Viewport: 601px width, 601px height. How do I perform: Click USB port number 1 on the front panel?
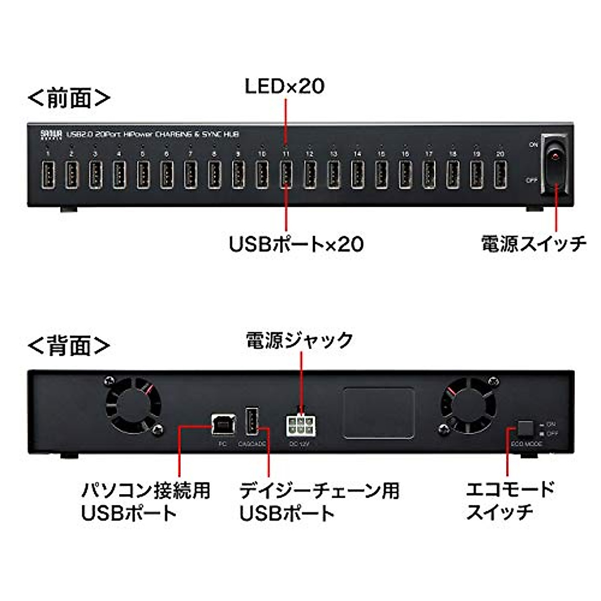[48, 174]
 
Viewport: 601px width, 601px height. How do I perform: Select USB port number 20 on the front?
[500, 174]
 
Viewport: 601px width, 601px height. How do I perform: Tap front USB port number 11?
[285, 174]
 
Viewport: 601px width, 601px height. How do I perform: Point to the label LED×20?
[284, 86]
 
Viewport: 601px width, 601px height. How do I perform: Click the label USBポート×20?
[296, 244]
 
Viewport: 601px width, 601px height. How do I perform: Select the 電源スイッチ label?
[533, 243]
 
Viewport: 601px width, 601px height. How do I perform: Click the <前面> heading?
[69, 98]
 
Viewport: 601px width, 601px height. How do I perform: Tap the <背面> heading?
[69, 346]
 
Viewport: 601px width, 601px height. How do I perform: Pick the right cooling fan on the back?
[467, 405]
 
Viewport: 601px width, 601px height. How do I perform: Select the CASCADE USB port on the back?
[252, 422]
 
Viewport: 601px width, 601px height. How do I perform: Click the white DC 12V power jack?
[300, 426]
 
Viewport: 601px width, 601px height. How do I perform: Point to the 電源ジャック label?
[299, 341]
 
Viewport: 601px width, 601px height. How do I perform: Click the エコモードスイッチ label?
[510, 500]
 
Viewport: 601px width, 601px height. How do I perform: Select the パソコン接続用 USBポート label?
[145, 501]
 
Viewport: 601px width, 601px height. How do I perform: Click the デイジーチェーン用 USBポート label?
[319, 501]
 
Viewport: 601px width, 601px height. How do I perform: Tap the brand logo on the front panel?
[51, 134]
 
